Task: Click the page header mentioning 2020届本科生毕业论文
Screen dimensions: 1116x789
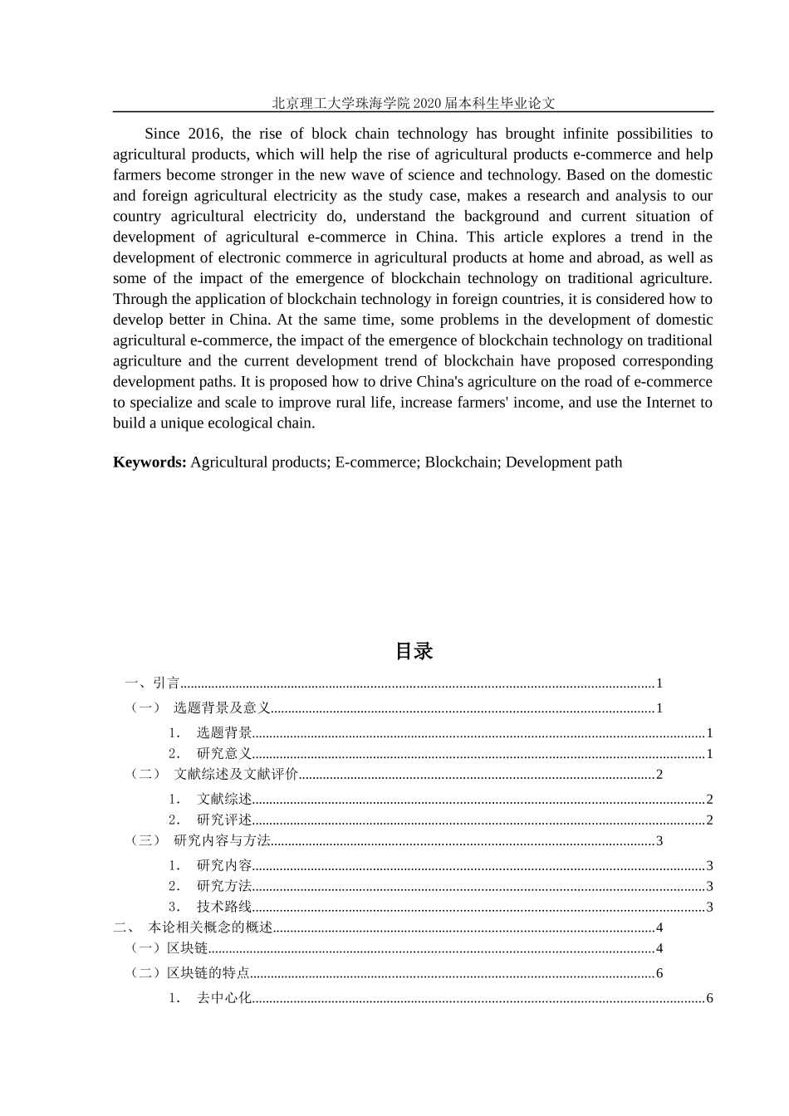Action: (413, 103)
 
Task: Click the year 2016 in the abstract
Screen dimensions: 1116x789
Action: (204, 134)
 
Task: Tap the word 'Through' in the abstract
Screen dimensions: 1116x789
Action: (140, 299)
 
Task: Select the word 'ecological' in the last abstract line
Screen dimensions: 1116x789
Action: (242, 423)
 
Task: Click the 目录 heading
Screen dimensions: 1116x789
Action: (414, 652)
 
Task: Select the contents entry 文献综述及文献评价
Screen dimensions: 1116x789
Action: (236, 775)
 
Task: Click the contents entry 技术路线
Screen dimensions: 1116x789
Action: (224, 908)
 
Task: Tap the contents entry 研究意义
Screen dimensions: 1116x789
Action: (224, 754)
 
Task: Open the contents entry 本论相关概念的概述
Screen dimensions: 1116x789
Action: (210, 928)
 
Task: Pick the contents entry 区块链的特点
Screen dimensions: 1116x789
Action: (208, 973)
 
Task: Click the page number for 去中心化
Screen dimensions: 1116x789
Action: (709, 998)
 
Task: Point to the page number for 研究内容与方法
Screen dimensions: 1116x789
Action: (659, 841)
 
